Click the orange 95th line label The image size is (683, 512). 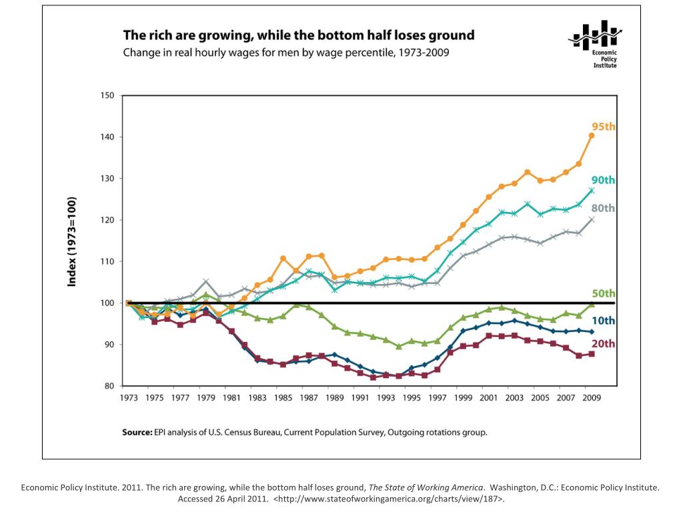(x=603, y=126)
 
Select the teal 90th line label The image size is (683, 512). (x=603, y=180)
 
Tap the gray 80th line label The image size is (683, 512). (x=603, y=208)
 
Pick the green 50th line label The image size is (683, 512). (x=603, y=293)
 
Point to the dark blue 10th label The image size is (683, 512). (x=603, y=321)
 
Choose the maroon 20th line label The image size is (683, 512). (x=603, y=344)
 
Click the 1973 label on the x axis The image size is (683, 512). (x=129, y=398)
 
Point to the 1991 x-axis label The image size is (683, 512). (x=361, y=398)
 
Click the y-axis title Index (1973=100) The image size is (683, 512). (x=72, y=241)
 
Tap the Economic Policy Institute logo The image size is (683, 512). (x=596, y=43)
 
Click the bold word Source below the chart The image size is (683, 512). (x=137, y=432)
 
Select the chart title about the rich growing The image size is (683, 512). (x=298, y=35)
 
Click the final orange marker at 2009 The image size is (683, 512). (x=591, y=136)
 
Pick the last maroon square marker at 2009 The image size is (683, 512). (x=591, y=354)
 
